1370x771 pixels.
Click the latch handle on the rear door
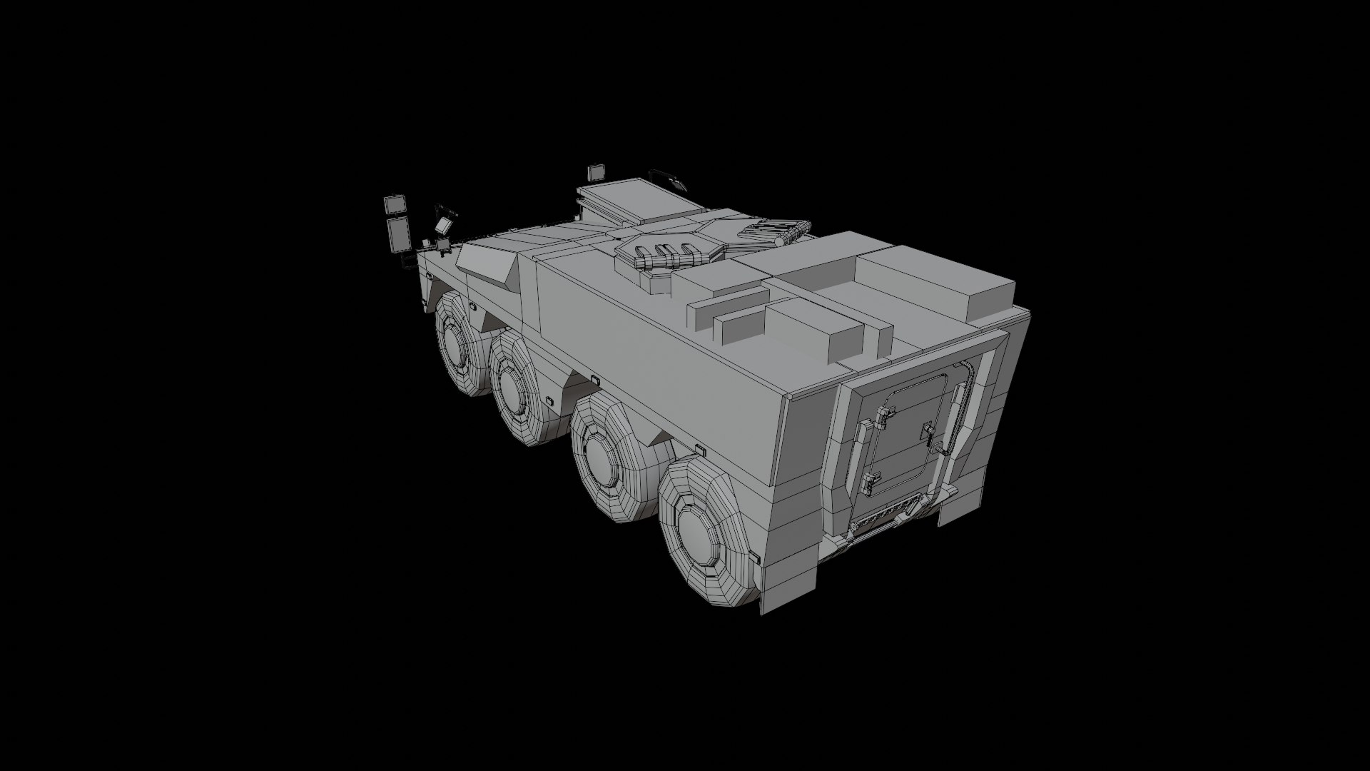click(x=929, y=430)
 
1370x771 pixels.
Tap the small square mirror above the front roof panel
click(x=596, y=172)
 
